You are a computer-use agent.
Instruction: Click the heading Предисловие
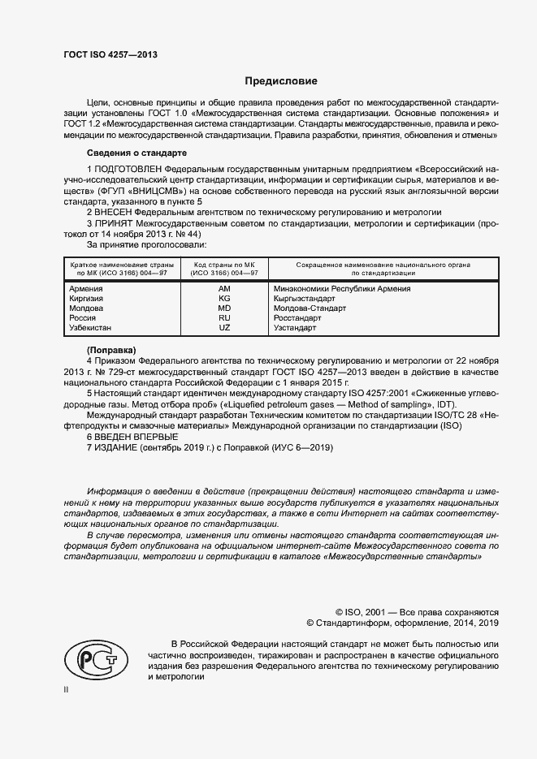click(281, 81)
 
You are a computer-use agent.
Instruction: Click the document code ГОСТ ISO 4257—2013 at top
click(110, 54)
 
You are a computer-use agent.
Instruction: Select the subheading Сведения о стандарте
click(136, 153)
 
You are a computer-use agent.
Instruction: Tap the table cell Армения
click(86, 288)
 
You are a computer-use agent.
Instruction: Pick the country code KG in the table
click(224, 299)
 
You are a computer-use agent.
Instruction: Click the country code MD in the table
click(224, 308)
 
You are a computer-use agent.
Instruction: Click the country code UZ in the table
click(224, 328)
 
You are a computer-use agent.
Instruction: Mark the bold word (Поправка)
click(111, 348)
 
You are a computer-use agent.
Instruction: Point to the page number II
click(67, 689)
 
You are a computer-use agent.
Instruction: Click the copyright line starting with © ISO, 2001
click(417, 612)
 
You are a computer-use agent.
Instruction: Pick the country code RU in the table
click(224, 318)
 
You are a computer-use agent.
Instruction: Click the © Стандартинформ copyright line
click(402, 623)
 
